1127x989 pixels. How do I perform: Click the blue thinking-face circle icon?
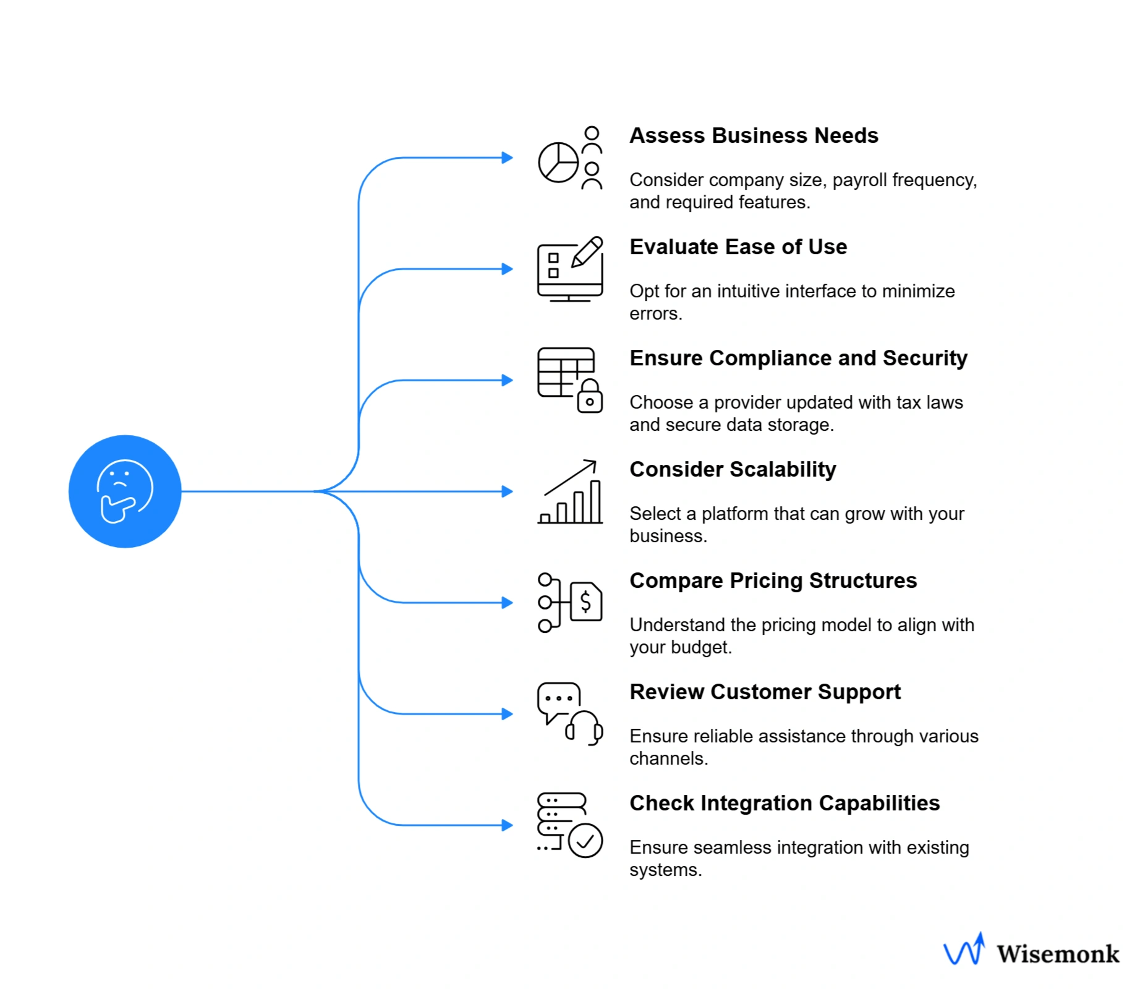125,491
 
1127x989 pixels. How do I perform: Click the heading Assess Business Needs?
753,135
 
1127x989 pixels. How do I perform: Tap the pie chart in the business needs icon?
558,163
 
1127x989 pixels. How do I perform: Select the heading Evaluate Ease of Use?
738,247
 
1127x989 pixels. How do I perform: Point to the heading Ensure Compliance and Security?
798,358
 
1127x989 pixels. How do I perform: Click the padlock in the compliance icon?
590,397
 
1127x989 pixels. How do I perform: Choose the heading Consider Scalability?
733,469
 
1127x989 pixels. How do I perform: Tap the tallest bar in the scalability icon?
595,502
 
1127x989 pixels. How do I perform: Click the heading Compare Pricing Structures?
773,580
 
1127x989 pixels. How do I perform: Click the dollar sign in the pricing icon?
585,601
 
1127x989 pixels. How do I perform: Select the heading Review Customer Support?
765,692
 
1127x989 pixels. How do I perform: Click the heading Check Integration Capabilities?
784,803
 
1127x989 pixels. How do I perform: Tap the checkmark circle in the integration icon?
585,841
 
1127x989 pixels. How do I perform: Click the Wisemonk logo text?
1057,954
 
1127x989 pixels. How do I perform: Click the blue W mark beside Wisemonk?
963,950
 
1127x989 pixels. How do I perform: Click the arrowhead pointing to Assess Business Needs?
507,158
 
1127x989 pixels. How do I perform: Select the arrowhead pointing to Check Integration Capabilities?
507,825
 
